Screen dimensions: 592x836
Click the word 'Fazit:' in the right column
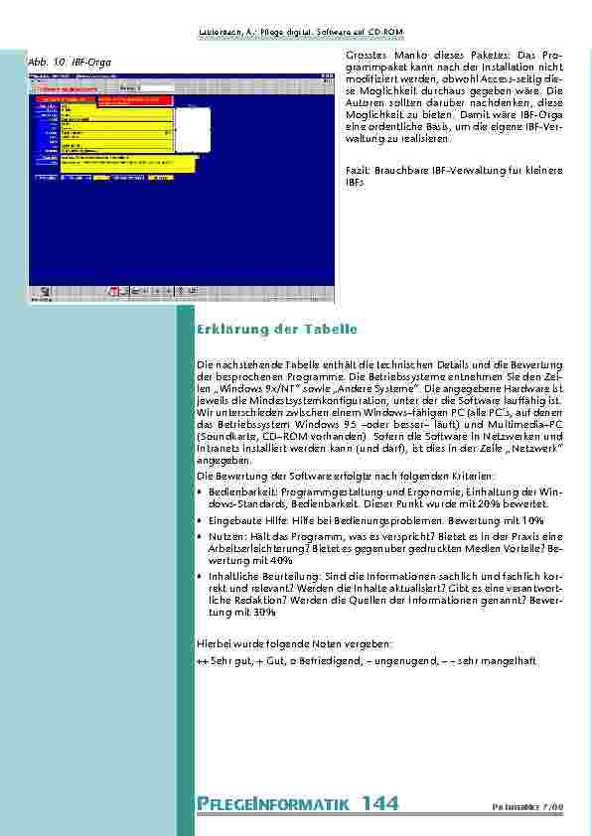pos(359,171)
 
